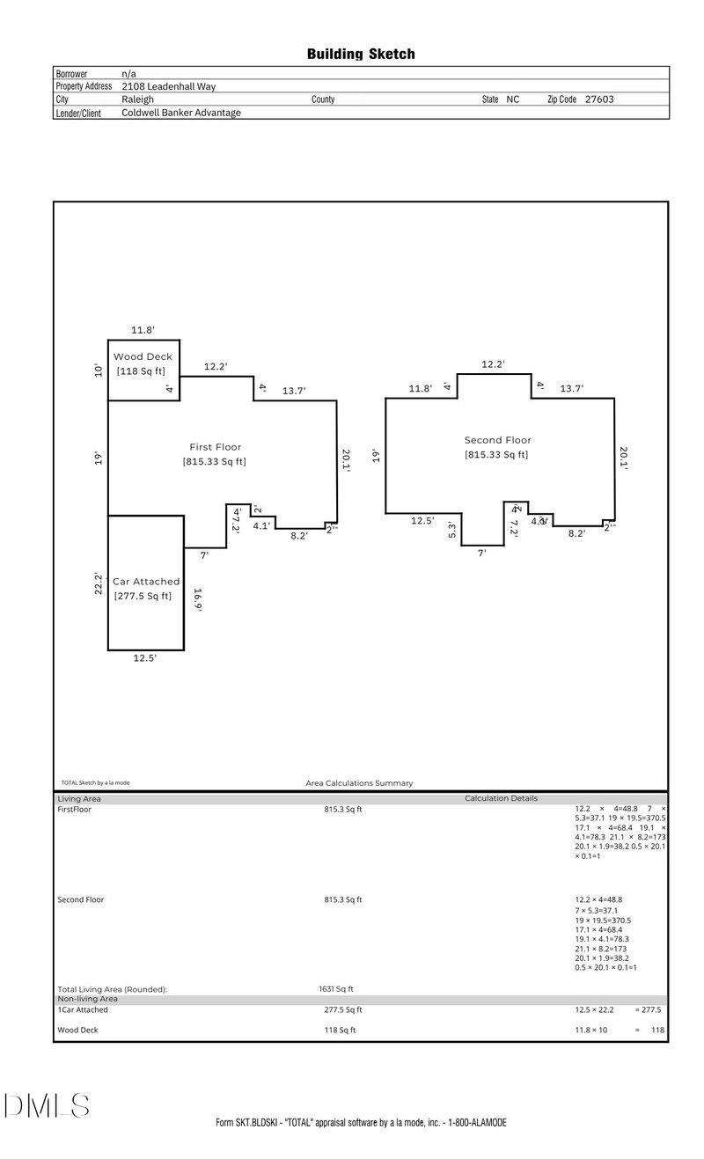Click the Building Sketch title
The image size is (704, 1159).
pyautogui.click(x=361, y=55)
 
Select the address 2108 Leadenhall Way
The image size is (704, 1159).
pyautogui.click(x=168, y=86)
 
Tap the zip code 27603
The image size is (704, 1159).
pyautogui.click(x=599, y=99)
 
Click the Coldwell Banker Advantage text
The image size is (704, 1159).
pyautogui.click(x=181, y=113)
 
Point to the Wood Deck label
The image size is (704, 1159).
pyautogui.click(x=143, y=356)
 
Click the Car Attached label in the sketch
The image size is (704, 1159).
pyautogui.click(x=146, y=582)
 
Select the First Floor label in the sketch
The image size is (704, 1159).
pyautogui.click(x=215, y=447)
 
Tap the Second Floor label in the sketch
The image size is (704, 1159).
pyautogui.click(x=497, y=440)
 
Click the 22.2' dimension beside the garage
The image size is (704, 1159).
pyautogui.click(x=99, y=582)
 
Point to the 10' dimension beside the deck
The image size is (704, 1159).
pyautogui.click(x=99, y=370)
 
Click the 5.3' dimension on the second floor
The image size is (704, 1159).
pyautogui.click(x=452, y=530)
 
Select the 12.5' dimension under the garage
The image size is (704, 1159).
pyautogui.click(x=144, y=657)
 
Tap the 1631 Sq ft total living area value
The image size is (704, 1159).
pyautogui.click(x=336, y=989)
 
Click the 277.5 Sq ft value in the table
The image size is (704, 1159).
pyautogui.click(x=342, y=1010)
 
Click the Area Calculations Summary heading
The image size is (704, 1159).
pyautogui.click(x=359, y=782)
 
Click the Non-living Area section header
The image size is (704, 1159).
pyautogui.click(x=87, y=999)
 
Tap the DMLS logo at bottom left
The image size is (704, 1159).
pyautogui.click(x=46, y=1105)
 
